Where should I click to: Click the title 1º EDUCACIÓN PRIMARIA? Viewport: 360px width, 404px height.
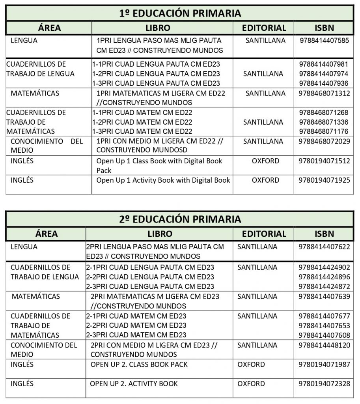pos(180,13)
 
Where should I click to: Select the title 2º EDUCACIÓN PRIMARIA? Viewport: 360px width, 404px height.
pos(180,219)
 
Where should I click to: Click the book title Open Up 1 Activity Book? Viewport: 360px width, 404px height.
pos(163,180)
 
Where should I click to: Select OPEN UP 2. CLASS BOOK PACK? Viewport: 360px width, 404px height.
pos(139,364)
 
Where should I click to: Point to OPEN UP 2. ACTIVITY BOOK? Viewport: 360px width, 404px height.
pos(134,383)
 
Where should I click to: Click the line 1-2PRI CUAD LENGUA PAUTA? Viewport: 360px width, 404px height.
pos(156,74)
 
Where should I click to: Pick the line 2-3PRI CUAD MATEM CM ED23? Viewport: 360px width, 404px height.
pos(136,335)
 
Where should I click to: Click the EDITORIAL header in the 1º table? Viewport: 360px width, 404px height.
pos(264,28)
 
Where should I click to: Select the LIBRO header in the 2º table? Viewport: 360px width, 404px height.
pos(160,234)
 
